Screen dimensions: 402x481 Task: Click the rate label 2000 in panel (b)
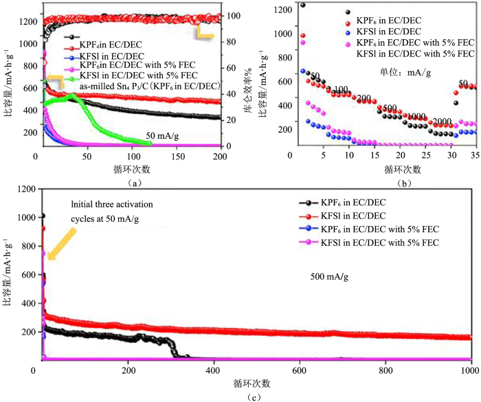442,122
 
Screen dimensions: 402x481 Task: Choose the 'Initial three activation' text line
113,204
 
